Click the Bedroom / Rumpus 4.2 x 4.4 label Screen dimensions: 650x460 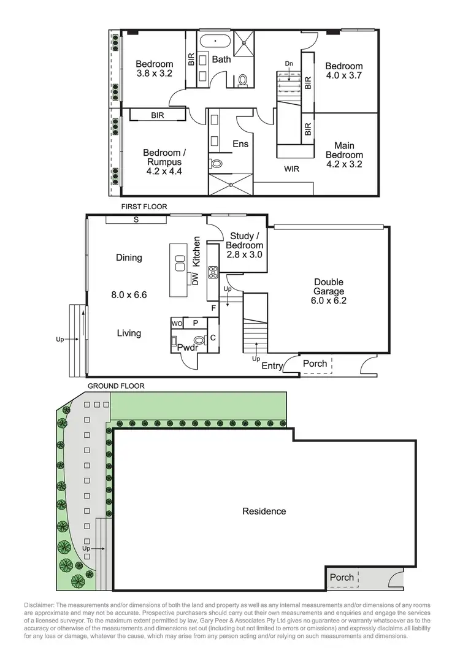tap(163, 162)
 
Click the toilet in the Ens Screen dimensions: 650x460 tap(216, 164)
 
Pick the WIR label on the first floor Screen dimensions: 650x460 tap(292, 169)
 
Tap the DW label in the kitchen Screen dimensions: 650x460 tap(195, 280)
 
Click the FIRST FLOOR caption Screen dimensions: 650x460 tap(144, 207)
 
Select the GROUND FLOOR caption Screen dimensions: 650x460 tap(116, 386)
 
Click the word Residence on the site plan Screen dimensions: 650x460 tap(264, 511)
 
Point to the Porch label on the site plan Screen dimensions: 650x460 tap(342, 577)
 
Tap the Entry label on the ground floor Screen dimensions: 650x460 tap(272, 366)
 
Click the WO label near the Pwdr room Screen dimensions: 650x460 tap(177, 323)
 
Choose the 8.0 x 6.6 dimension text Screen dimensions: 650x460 tap(129, 294)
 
